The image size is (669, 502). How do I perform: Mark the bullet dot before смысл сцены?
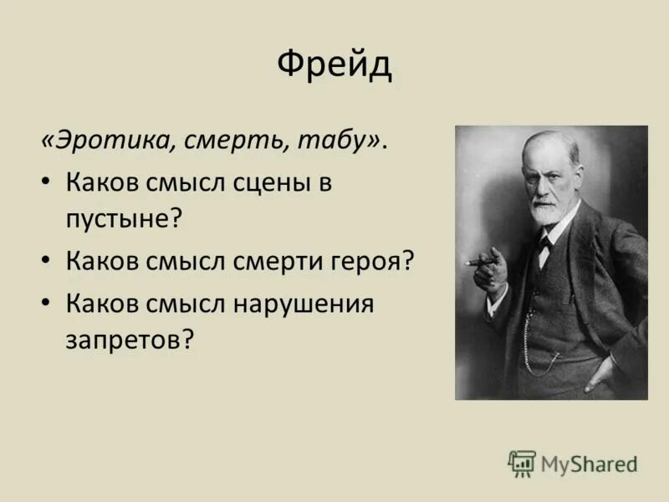[x=48, y=183]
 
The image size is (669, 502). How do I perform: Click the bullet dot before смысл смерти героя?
[x=48, y=261]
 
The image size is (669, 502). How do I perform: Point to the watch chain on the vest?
[x=535, y=351]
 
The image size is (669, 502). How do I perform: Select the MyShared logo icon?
[x=521, y=463]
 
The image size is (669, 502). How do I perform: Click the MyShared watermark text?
[x=589, y=464]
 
